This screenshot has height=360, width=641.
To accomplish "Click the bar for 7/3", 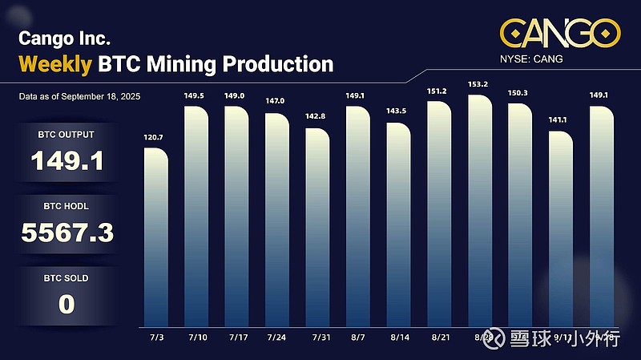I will click(x=156, y=233).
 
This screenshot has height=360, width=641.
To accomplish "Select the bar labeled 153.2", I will click(x=479, y=208).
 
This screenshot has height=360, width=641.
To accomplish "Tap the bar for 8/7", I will click(x=358, y=212).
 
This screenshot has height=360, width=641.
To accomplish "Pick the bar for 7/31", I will click(x=317, y=224).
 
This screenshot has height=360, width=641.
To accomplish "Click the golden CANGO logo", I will click(x=561, y=34).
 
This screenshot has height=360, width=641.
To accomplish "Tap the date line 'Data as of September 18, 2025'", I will click(x=80, y=97).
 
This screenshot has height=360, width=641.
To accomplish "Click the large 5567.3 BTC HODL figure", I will click(x=67, y=233).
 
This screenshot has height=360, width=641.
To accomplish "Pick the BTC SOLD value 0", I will click(x=67, y=305).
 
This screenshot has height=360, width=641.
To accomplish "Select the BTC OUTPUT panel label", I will click(x=67, y=136).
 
